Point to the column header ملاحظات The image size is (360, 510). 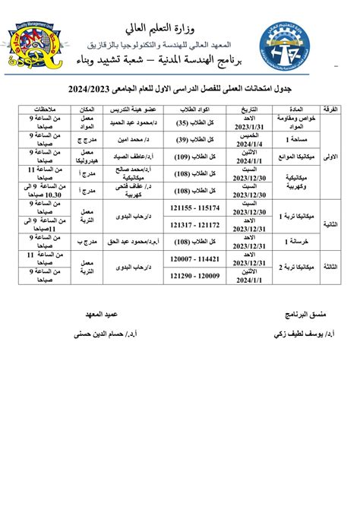point(40,109)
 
